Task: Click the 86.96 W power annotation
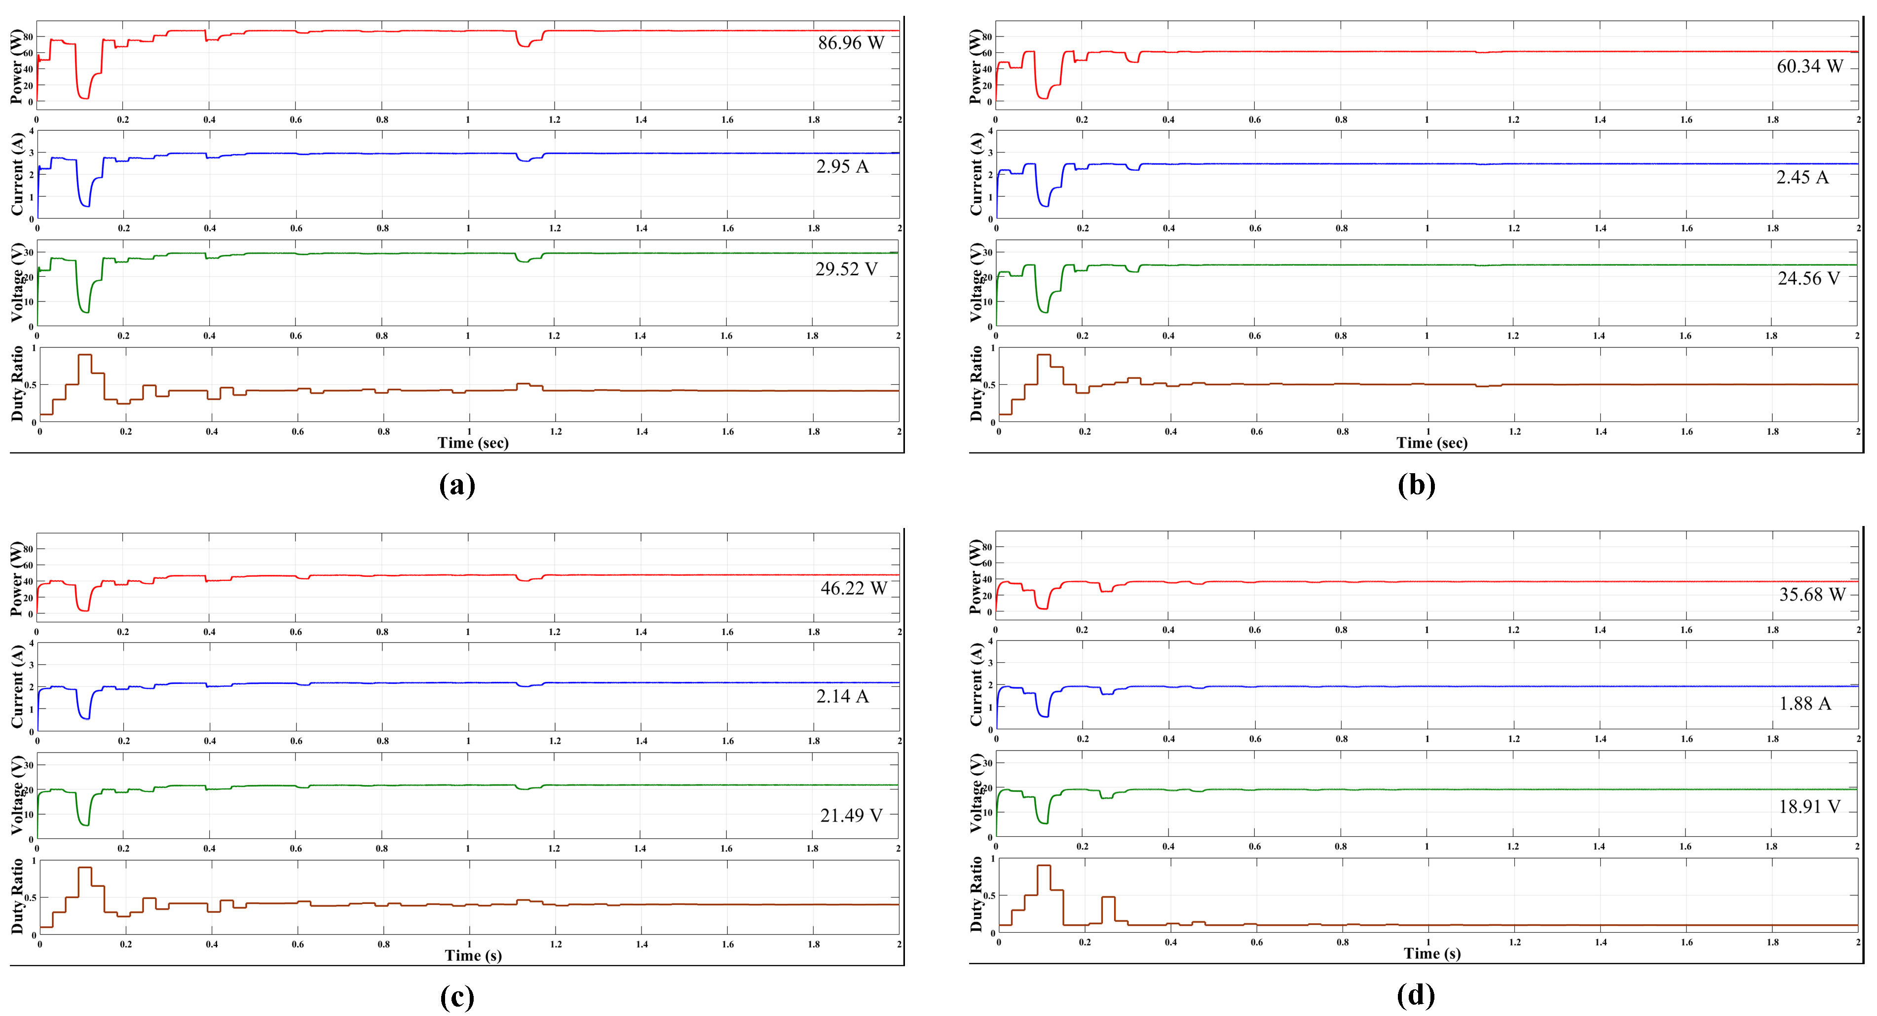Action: [x=850, y=43]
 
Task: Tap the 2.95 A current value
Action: [x=842, y=167]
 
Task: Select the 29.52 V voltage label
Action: [x=846, y=270]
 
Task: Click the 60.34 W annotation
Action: [x=1809, y=66]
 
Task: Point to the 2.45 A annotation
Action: [x=1802, y=177]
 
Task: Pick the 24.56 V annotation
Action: [x=1808, y=278]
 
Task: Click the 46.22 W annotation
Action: [x=853, y=588]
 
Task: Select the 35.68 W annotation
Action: [x=1811, y=595]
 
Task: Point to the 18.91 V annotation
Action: [x=1809, y=807]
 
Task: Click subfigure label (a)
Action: [x=457, y=485]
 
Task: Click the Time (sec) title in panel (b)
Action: [x=1432, y=443]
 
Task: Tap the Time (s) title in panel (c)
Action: [x=473, y=955]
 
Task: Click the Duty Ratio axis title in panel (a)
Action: [x=17, y=384]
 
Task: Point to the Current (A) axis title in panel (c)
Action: [x=17, y=686]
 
